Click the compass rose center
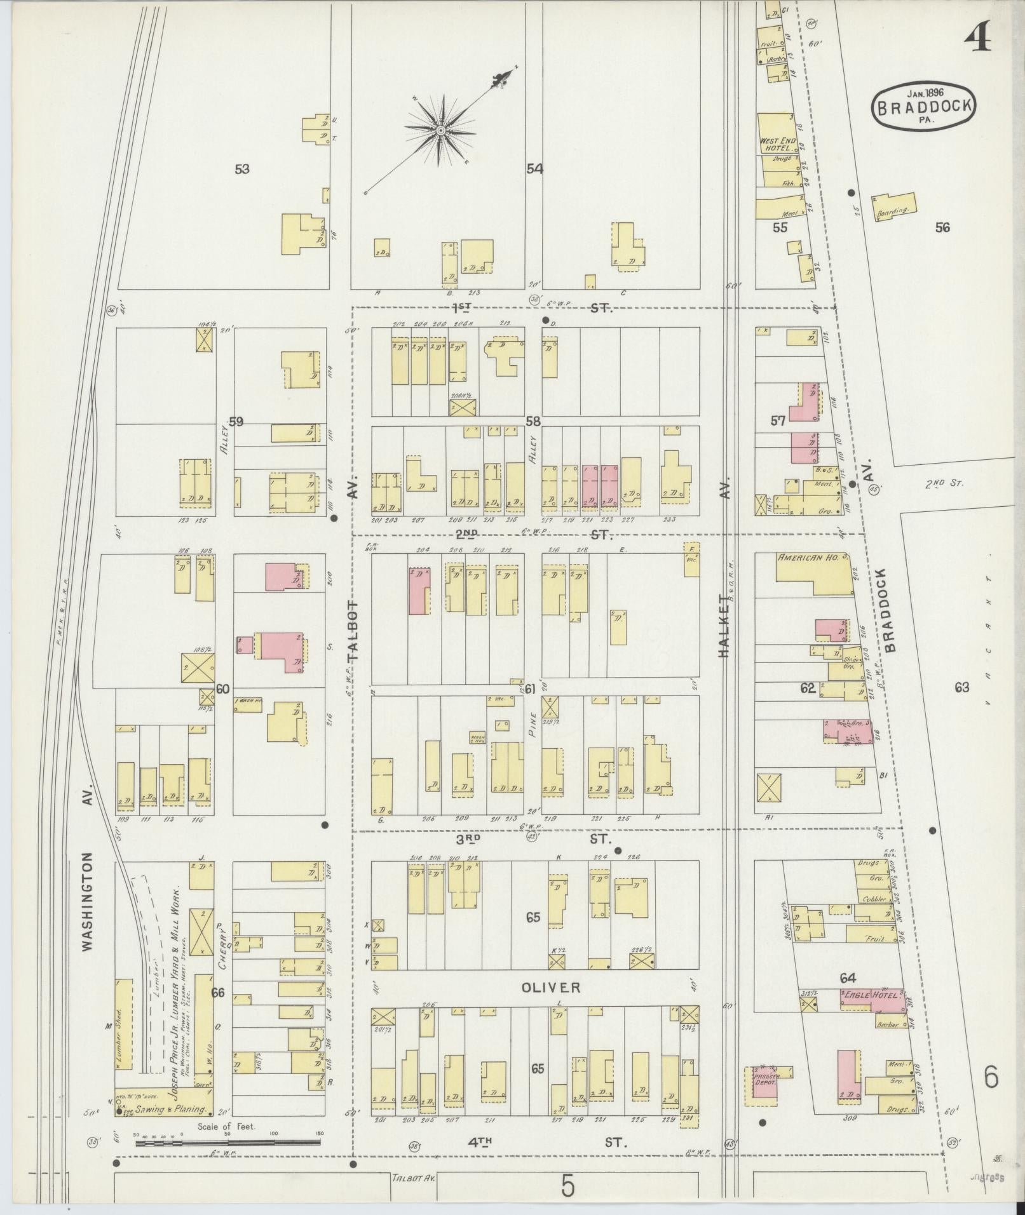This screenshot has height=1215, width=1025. coord(439,130)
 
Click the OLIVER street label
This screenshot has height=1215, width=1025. coord(542,988)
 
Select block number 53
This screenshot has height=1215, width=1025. coord(241,169)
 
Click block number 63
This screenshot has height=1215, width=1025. coord(961,687)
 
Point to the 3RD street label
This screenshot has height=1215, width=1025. coord(469,838)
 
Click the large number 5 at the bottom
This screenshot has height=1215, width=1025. coord(567,1185)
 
